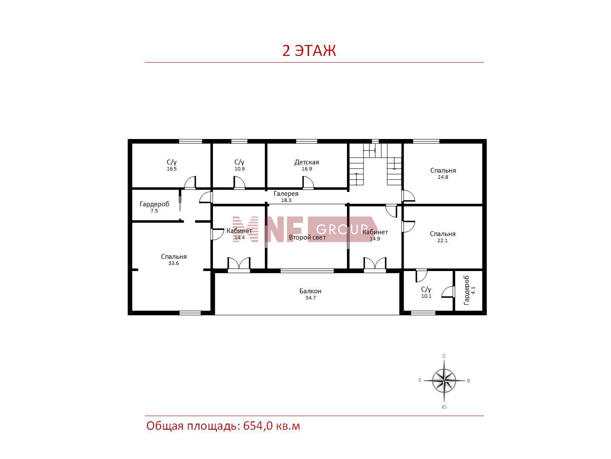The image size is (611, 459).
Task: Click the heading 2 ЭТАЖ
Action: [x=309, y=51]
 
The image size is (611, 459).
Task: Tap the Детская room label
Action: [x=306, y=162]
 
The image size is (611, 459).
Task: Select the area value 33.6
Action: [x=173, y=263]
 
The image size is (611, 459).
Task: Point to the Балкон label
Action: [x=310, y=291]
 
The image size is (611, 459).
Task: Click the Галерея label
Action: [x=286, y=194]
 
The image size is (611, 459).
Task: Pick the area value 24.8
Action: [x=443, y=177]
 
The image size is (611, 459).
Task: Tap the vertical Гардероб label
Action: [x=467, y=290]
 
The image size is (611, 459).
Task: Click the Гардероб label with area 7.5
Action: [x=154, y=204]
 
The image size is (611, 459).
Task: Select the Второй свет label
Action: [x=307, y=237]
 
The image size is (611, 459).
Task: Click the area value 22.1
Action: [x=442, y=240]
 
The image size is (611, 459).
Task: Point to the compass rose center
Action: [x=444, y=380]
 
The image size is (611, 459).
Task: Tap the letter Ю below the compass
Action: [x=444, y=407]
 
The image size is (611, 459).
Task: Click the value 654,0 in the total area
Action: [x=258, y=426]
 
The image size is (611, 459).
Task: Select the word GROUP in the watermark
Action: [x=343, y=229]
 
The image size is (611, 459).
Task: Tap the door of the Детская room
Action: [x=308, y=183]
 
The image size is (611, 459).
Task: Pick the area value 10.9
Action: [x=240, y=169]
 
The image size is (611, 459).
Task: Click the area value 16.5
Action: [x=172, y=169]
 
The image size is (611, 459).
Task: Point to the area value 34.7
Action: [x=310, y=298]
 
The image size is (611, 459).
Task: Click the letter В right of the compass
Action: [x=468, y=381]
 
